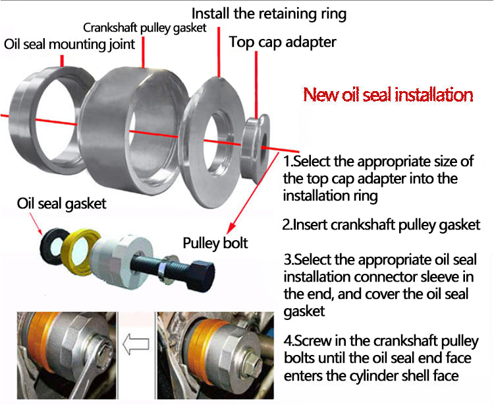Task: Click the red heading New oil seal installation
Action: [x=388, y=94]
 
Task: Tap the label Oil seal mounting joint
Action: [x=69, y=44]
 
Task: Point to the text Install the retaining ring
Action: [x=269, y=12]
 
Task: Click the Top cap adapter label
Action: [x=283, y=42]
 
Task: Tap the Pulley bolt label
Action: [x=215, y=243]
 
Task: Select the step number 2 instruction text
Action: [x=381, y=224]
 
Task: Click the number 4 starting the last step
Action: [x=287, y=342]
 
